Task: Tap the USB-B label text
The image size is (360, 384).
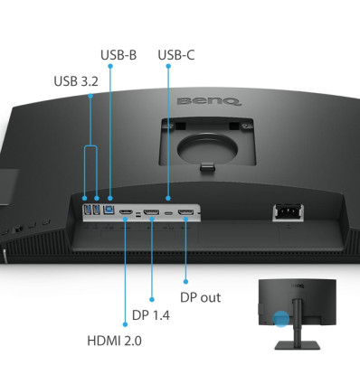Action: [x=118, y=55]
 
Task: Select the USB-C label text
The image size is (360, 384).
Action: [x=175, y=55]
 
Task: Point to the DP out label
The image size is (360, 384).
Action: [x=200, y=296]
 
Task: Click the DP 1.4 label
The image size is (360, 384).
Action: [x=151, y=315]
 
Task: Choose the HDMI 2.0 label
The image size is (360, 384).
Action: [x=114, y=341]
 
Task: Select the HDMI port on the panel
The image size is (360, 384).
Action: [x=127, y=214]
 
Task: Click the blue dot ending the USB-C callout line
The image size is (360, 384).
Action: [x=169, y=198]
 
